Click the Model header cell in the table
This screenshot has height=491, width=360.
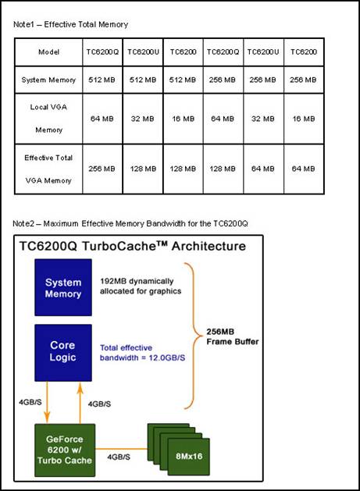[48, 52]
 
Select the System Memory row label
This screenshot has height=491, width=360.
[48, 80]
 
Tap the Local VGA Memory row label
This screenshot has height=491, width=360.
[48, 119]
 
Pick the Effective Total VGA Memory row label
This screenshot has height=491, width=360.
[48, 169]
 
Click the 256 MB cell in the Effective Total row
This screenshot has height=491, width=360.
[102, 169]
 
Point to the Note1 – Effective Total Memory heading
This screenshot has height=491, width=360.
[70, 24]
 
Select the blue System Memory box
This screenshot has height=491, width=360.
[63, 287]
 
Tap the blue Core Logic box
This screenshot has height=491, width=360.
[63, 353]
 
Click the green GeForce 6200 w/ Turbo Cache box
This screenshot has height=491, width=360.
[65, 450]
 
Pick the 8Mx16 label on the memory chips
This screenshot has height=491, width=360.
[189, 456]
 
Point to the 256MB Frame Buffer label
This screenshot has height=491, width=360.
[233, 336]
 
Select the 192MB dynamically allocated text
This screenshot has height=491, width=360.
[141, 286]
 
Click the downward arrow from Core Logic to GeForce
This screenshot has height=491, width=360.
[47, 402]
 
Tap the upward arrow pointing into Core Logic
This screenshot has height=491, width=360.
[80, 403]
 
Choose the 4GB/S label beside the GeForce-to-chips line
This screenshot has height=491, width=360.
[119, 457]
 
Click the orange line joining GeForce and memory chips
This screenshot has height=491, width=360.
[121, 449]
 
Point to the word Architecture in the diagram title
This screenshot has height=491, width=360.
[209, 246]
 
